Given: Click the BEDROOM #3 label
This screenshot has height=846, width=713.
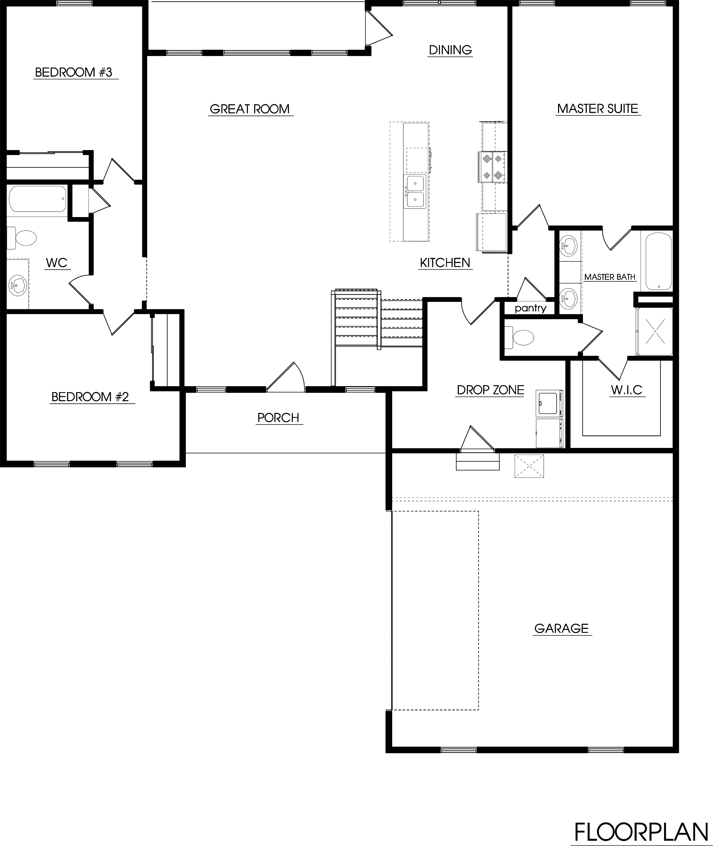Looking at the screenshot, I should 73,72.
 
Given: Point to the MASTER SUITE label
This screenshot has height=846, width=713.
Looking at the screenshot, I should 597,109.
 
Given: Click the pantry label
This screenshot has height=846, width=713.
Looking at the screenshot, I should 530,309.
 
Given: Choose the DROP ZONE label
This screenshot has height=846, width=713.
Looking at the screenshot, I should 490,390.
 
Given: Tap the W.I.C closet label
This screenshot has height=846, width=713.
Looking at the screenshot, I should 627,390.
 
